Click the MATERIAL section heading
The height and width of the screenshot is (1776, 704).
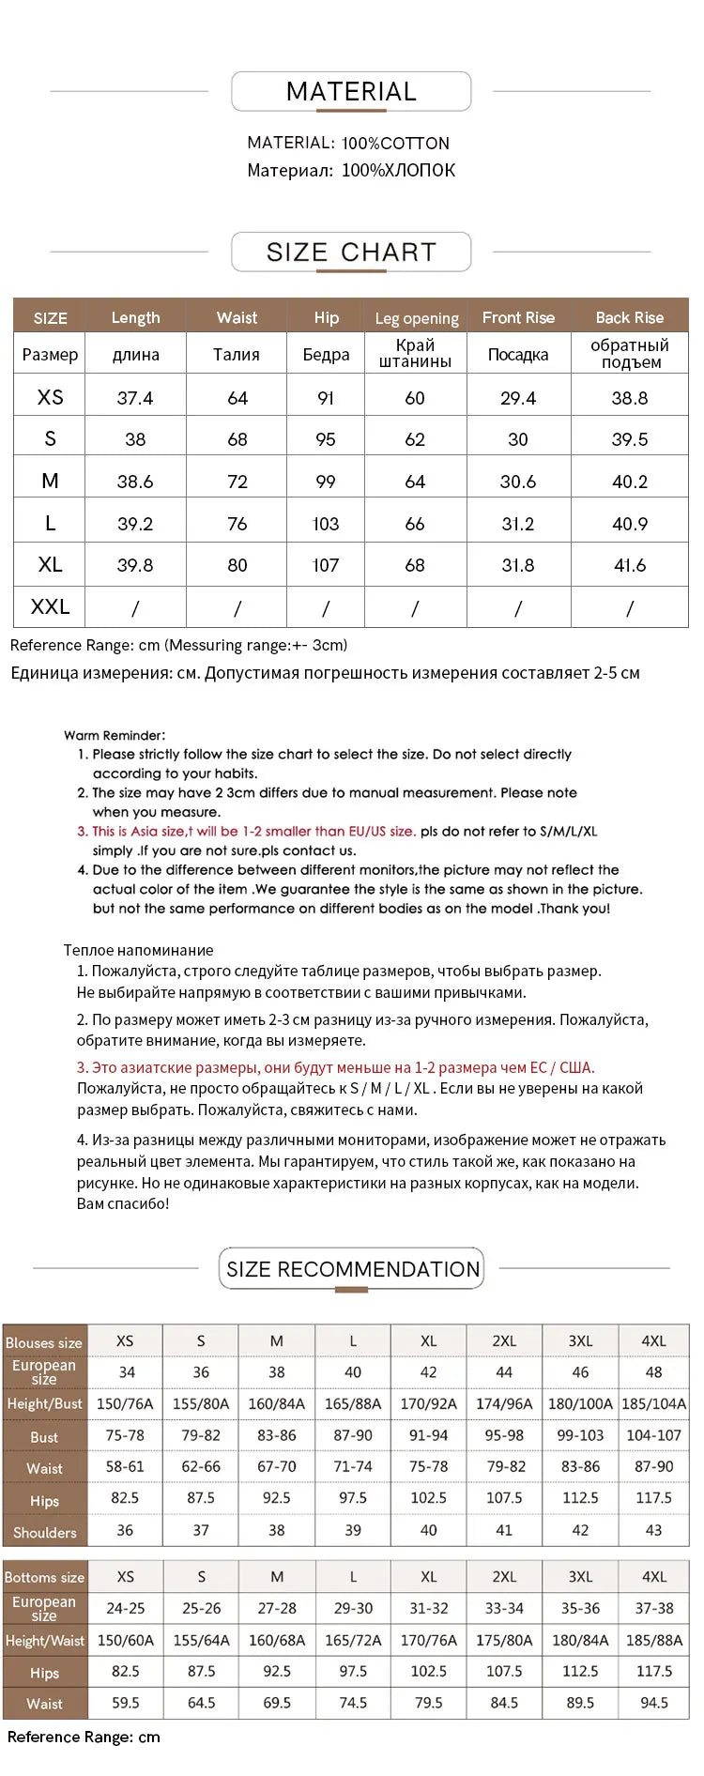pyautogui.click(x=351, y=92)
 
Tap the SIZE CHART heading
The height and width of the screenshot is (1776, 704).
pyautogui.click(x=351, y=252)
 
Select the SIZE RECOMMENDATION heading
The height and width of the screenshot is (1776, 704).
pyautogui.click(x=352, y=1269)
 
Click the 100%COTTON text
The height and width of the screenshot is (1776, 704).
pyautogui.click(x=395, y=144)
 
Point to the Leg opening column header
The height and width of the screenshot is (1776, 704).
pyautogui.click(x=416, y=318)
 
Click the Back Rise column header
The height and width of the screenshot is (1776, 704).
pyautogui.click(x=629, y=317)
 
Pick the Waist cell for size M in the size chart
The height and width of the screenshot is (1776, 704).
pyautogui.click(x=237, y=482)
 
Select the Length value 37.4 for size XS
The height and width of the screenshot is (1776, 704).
pyautogui.click(x=135, y=398)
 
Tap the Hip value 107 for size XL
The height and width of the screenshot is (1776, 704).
pyautogui.click(x=325, y=565)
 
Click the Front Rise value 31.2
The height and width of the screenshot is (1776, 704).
pyautogui.click(x=518, y=524)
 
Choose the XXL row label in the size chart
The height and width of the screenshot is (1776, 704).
pyautogui.click(x=50, y=606)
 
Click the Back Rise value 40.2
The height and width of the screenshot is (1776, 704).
pyautogui.click(x=629, y=482)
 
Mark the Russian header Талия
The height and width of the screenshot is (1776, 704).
pyautogui.click(x=237, y=354)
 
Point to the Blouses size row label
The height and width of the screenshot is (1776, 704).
pyautogui.click(x=43, y=1342)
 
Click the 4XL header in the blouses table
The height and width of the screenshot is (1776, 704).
pyautogui.click(x=653, y=1341)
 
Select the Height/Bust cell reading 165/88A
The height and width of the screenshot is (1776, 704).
pyautogui.click(x=353, y=1403)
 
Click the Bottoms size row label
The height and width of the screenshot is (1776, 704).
pyautogui.click(x=44, y=1577)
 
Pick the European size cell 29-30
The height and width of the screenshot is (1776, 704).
pyautogui.click(x=353, y=1608)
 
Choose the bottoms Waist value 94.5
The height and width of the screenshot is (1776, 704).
pyautogui.click(x=653, y=1702)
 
